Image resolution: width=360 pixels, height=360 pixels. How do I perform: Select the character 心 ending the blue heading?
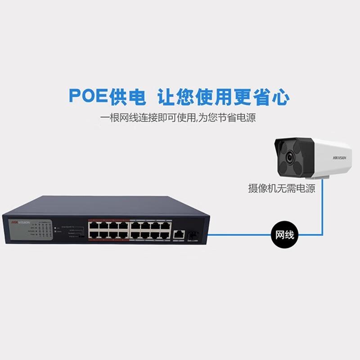click(280, 96)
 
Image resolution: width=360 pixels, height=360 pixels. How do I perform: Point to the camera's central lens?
click(289, 158)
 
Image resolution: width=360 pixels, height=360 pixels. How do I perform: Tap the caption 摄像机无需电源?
click(282, 188)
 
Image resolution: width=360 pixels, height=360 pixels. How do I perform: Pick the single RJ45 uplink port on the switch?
click(178, 234)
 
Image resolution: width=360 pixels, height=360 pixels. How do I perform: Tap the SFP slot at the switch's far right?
click(194, 234)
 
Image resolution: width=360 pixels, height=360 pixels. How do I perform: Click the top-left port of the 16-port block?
click(94, 224)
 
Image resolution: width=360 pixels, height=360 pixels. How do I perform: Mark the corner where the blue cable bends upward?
click(322, 234)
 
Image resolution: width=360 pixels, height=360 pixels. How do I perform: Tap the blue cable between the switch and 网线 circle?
click(238, 234)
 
